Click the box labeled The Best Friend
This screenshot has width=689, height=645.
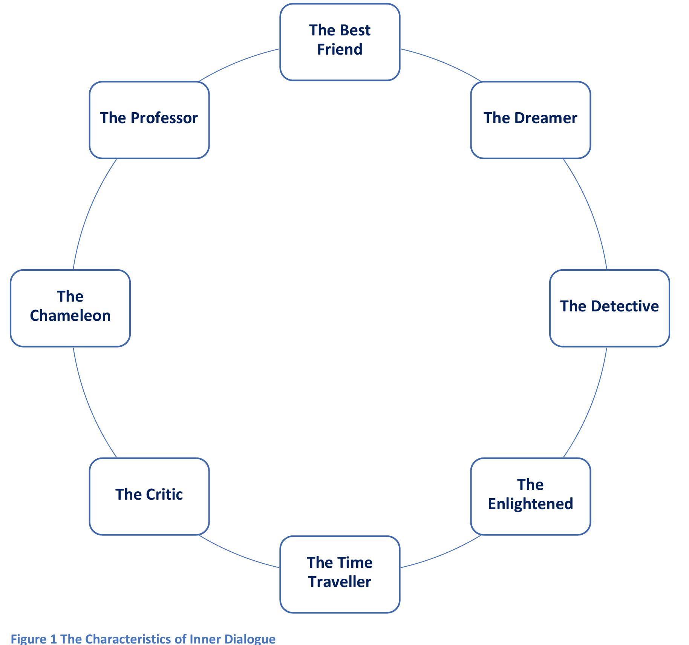click(x=340, y=42)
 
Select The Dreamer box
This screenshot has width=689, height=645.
click(x=530, y=120)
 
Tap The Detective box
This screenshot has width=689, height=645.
click(x=609, y=308)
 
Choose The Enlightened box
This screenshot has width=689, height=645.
click(x=530, y=496)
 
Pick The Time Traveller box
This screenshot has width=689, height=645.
click(x=340, y=574)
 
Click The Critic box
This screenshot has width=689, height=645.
click(x=149, y=496)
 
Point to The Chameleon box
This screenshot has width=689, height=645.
click(x=70, y=308)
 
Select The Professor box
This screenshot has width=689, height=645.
click(x=149, y=120)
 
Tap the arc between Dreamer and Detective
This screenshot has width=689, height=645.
click(x=591, y=211)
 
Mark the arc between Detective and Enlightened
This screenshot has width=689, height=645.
click(x=591, y=405)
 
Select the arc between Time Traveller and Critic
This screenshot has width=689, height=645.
click(x=237, y=555)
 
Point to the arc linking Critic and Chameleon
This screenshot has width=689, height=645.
click(x=89, y=405)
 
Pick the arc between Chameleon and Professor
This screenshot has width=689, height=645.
click(x=89, y=211)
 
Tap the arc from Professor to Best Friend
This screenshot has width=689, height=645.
click(x=237, y=61)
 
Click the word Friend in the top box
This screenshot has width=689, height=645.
click(x=340, y=49)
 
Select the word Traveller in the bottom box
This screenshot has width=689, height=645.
click(x=340, y=582)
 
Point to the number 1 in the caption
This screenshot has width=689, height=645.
click(x=53, y=639)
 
